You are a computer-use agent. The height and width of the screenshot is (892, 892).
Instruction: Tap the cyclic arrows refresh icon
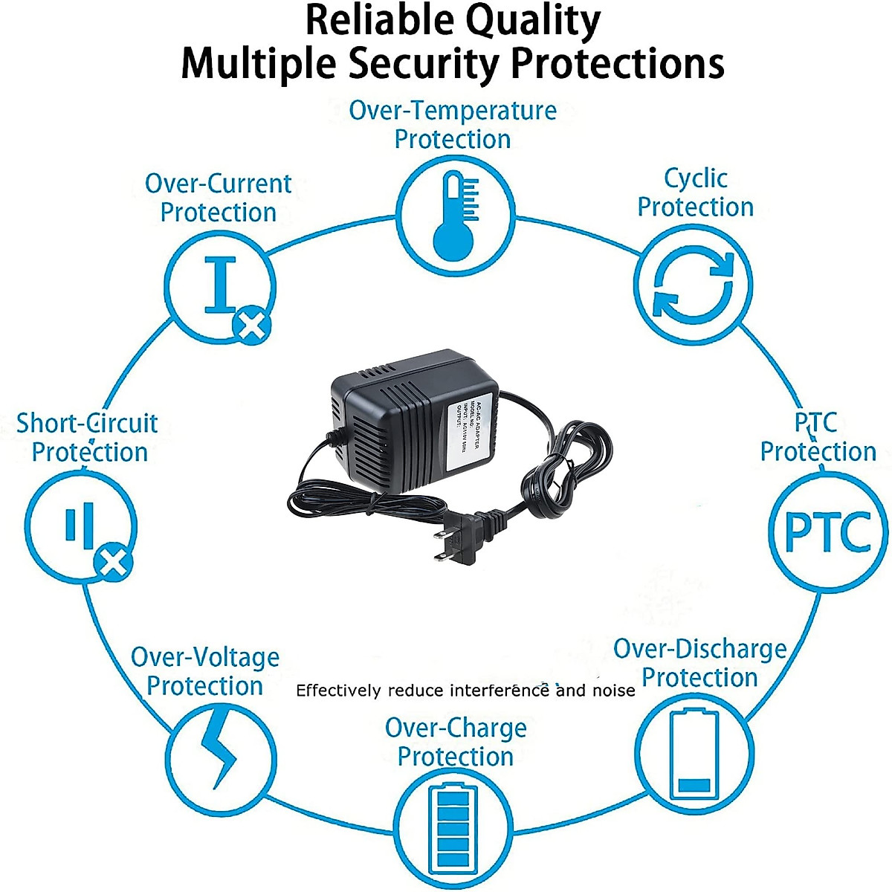[693, 285]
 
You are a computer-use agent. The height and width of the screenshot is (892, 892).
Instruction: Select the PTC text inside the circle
[827, 532]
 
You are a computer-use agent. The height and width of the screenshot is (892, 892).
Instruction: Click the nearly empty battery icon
[695, 754]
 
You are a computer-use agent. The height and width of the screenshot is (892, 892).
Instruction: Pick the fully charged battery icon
[453, 828]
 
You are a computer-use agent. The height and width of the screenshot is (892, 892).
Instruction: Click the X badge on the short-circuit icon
[114, 563]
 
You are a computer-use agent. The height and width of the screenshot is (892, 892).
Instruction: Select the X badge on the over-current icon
[251, 325]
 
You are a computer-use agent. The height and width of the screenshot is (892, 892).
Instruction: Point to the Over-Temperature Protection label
[453, 125]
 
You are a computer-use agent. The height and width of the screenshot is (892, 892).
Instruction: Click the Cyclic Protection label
[695, 193]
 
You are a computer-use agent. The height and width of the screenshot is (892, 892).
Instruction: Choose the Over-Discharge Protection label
[699, 663]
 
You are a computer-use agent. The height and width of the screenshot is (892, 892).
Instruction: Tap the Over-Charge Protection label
[455, 742]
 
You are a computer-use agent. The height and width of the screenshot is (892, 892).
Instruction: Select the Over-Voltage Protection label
[205, 671]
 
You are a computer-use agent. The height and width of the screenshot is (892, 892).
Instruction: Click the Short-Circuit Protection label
[88, 437]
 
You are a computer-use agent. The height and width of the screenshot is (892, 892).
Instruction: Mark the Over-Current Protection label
[219, 198]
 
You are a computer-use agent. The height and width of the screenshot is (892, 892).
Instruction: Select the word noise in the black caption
[614, 691]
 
